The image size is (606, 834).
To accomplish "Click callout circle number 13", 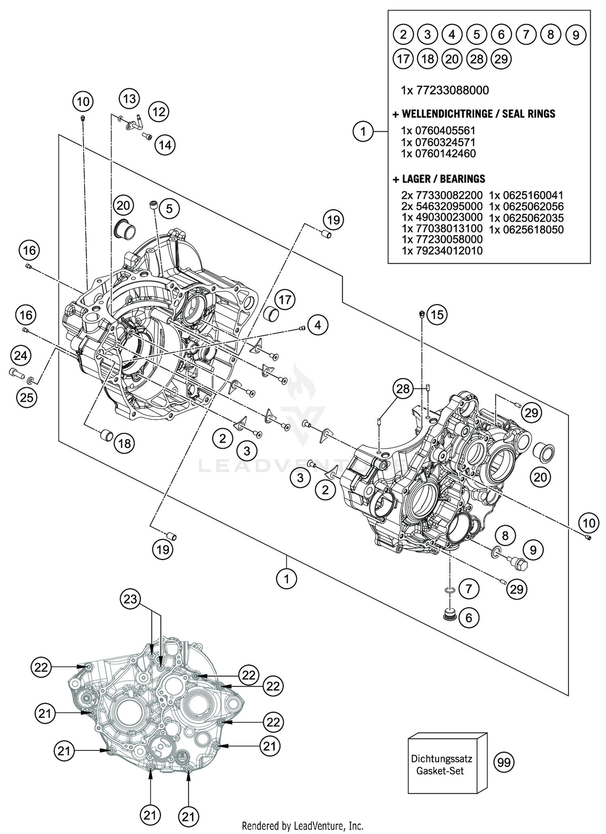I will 129,99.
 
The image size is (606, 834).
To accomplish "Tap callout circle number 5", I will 169,208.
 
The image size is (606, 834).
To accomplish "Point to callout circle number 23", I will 130,599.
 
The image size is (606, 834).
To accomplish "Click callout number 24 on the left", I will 21,355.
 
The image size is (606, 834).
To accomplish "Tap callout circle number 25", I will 27,398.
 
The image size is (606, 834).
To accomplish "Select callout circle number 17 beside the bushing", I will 285,300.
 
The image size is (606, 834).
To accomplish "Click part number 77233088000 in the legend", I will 445,90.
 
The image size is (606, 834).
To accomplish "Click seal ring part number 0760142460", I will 438,153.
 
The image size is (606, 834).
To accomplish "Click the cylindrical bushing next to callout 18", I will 106,435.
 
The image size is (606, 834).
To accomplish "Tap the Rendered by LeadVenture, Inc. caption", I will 303,826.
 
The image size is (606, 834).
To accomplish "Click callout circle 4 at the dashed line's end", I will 318,325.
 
